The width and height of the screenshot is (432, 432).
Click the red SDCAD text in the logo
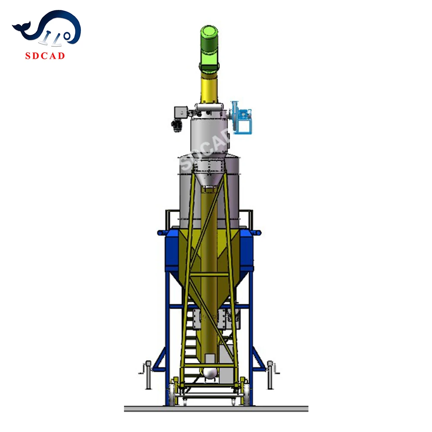click(45, 55)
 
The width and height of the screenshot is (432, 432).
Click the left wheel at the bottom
click(175, 395)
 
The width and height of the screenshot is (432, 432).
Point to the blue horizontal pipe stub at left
click(162, 232)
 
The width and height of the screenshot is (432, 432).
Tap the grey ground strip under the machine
click(216, 408)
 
